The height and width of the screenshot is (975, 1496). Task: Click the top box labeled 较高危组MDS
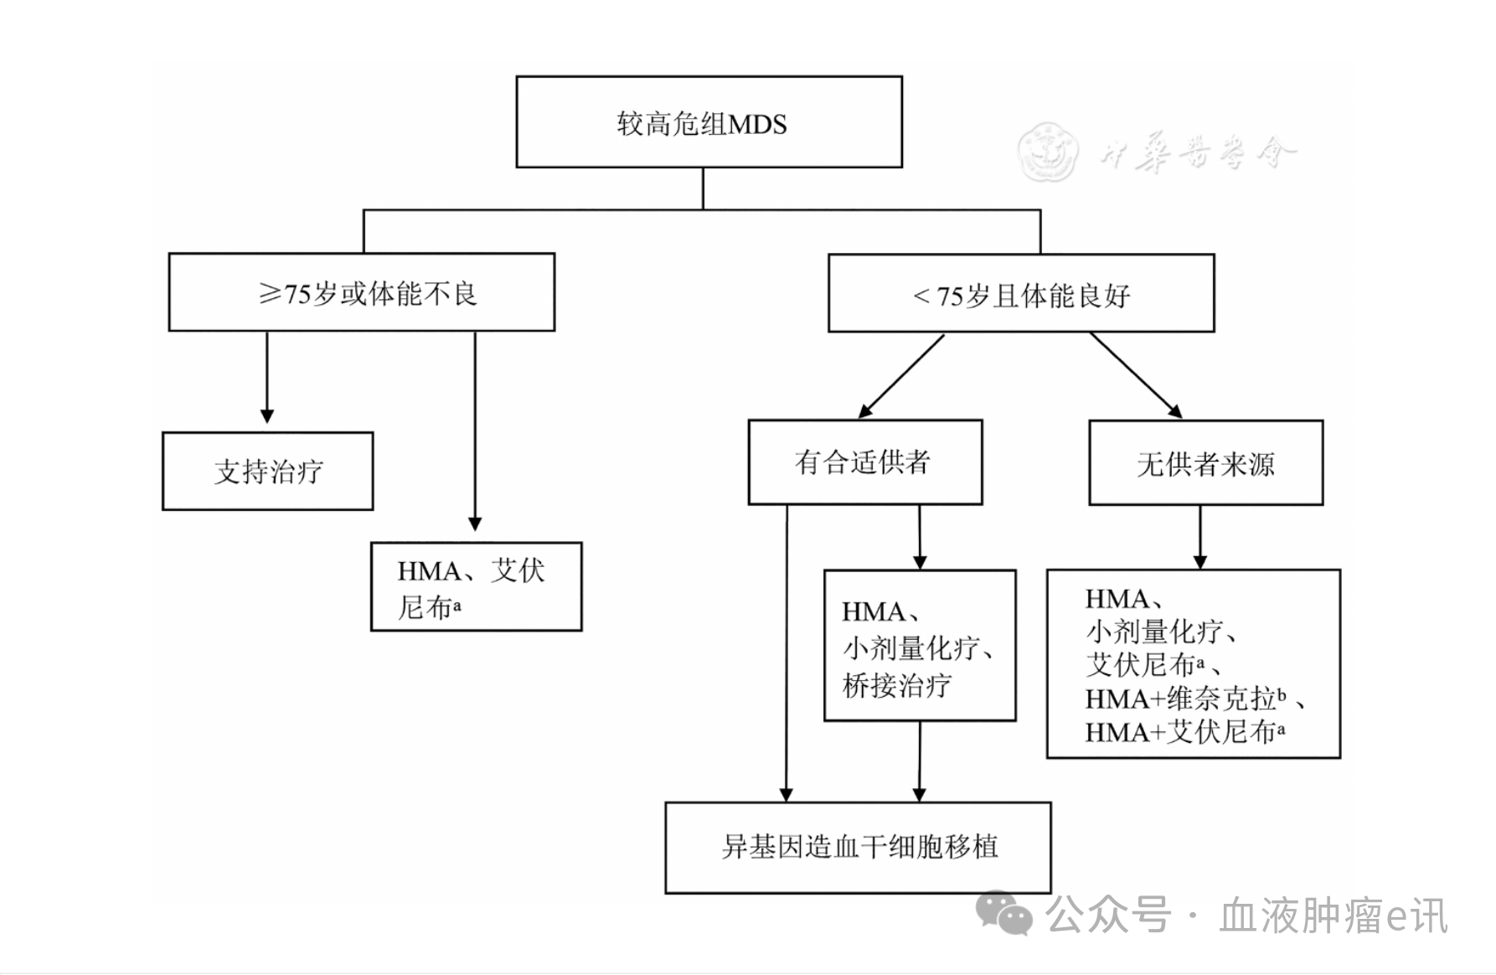tap(709, 122)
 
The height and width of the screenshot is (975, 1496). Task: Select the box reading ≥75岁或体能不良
tap(361, 292)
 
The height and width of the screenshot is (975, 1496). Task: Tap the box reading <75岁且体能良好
tap(1020, 294)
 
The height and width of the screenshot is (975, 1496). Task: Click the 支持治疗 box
tap(267, 471)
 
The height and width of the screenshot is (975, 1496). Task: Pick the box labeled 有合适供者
tap(864, 462)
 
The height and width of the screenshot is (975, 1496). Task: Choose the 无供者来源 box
tap(1205, 463)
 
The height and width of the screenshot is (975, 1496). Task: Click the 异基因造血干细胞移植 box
tap(858, 847)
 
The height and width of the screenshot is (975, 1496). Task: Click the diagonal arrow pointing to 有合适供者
tap(900, 376)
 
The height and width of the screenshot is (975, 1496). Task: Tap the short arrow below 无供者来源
tap(1199, 538)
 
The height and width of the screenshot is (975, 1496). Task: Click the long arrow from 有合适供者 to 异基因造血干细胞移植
tap(786, 653)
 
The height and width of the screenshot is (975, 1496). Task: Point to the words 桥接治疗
tap(896, 686)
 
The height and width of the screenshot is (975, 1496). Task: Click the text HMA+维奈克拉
tap(1180, 699)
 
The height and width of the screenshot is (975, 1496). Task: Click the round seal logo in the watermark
tap(1047, 152)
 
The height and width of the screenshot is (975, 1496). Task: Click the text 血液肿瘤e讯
tap(1333, 915)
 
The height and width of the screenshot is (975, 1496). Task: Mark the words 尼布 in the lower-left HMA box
tap(425, 607)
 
